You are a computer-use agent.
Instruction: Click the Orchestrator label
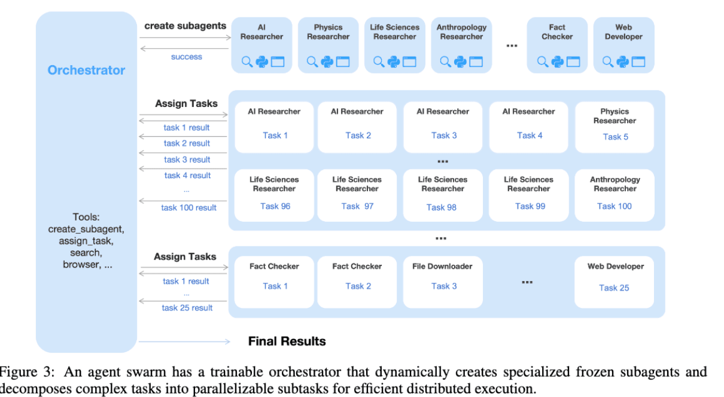[x=86, y=71]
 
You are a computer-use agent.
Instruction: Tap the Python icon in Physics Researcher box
[x=327, y=62]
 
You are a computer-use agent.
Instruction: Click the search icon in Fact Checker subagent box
[x=542, y=62]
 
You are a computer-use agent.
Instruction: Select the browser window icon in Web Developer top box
[x=638, y=62]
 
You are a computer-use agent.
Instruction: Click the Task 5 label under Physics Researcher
[x=615, y=137]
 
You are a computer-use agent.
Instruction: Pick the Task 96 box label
[x=275, y=206]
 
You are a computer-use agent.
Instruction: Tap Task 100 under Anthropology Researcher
[x=615, y=206]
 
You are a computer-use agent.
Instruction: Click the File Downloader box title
[x=442, y=267]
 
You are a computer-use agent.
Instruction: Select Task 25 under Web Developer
[x=614, y=288]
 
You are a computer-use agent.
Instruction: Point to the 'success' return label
[x=187, y=57]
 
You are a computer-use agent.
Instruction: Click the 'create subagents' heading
[x=185, y=26]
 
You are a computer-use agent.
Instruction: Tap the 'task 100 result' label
[x=188, y=207]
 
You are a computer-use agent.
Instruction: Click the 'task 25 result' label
[x=187, y=308]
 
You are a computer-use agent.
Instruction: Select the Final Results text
[x=287, y=341]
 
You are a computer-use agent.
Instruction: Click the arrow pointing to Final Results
[x=184, y=341]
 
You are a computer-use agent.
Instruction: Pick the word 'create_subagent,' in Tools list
[x=86, y=230]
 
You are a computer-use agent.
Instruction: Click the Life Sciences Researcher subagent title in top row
[x=394, y=32]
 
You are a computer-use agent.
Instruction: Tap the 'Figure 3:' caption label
[x=28, y=372]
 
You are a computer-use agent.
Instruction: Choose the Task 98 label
[x=442, y=207]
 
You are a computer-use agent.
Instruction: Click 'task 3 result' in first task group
[x=187, y=160]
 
